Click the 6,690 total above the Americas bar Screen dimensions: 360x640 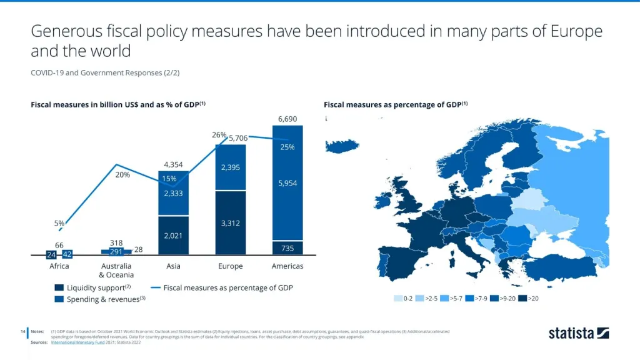coord(287,119)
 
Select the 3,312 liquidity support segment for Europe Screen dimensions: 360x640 coord(230,223)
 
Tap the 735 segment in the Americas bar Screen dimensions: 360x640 coord(287,248)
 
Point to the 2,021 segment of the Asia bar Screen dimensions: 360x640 coord(173,236)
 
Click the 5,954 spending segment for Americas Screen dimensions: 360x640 coord(287,183)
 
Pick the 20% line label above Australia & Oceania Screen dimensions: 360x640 coord(122,175)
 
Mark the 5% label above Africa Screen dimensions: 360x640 coord(59,223)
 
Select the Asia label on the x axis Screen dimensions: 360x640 coord(173,266)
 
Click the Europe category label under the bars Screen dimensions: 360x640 coord(230,266)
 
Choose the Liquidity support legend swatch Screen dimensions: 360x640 coord(59,288)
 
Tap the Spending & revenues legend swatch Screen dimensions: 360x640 coord(59,299)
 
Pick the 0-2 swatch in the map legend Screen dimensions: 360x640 coord(398,298)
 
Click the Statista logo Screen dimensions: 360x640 coord(578,333)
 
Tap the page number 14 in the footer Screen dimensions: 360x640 coord(22,331)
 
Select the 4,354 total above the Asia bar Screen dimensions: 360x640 coord(173,164)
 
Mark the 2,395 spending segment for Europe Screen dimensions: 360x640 coord(230,167)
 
